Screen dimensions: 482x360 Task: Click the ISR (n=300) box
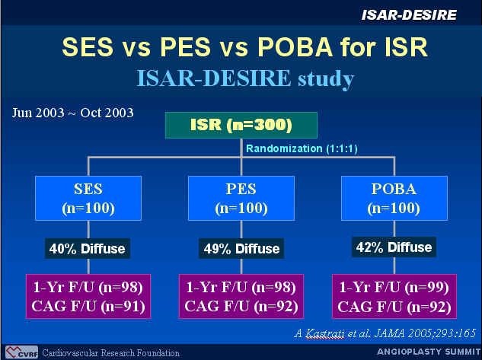tap(241, 125)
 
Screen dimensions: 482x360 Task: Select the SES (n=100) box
tap(88, 198)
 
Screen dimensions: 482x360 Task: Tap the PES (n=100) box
tap(241, 198)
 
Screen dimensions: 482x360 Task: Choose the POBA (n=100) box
tap(394, 198)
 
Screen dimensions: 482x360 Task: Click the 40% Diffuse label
tap(88, 248)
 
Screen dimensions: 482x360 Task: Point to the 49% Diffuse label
tap(241, 248)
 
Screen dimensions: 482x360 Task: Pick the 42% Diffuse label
tap(394, 247)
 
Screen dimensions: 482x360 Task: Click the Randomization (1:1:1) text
tap(302, 148)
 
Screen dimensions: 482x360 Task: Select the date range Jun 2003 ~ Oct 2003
tap(73, 113)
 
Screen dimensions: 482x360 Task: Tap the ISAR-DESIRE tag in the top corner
tap(409, 14)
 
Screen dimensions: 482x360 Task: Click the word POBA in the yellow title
tap(295, 47)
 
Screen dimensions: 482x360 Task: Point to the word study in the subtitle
tap(326, 79)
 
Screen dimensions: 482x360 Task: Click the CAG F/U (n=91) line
tap(88, 306)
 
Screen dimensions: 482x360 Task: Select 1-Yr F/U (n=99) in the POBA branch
tap(394, 287)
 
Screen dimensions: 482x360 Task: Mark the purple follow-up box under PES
tap(241, 296)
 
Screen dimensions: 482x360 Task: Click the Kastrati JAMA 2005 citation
tap(385, 333)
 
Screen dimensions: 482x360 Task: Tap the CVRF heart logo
tap(21, 352)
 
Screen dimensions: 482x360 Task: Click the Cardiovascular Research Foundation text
tap(111, 353)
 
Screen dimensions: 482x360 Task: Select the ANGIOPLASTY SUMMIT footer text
tap(429, 352)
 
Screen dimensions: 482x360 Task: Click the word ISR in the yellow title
tap(407, 47)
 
